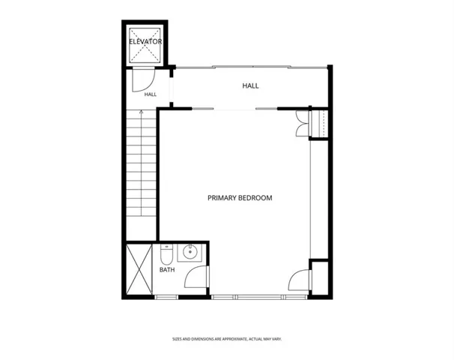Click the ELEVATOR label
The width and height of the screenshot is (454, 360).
(145, 41)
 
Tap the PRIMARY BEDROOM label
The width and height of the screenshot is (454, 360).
(240, 198)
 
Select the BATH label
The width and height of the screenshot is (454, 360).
(167, 270)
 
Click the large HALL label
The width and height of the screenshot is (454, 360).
(250, 85)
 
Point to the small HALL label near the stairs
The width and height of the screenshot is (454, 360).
(151, 94)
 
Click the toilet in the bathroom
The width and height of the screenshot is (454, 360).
(166, 254)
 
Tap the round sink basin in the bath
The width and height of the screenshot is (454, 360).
(190, 252)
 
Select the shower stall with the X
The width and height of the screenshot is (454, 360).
(139, 269)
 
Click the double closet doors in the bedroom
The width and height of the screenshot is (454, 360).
(302, 124)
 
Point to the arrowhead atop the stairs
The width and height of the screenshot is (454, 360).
(142, 111)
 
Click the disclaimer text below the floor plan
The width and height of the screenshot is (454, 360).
(227, 339)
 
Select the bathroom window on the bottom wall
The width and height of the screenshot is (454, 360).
(166, 297)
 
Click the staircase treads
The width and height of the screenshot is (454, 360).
(142, 163)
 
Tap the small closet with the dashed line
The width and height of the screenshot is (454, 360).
(320, 124)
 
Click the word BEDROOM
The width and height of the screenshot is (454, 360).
(255, 198)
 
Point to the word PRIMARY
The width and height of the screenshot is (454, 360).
(222, 198)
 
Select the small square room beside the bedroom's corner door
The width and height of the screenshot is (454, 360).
(320, 278)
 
